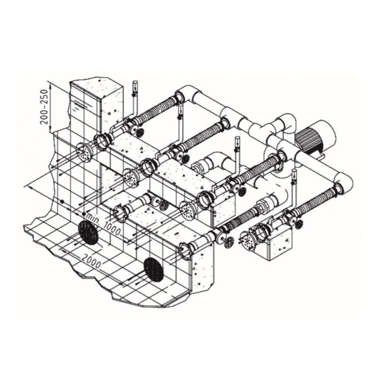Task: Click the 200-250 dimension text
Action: pos(44,107)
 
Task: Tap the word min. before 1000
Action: pos(93,219)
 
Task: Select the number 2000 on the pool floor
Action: pos(91,260)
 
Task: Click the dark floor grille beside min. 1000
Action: pos(88,232)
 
